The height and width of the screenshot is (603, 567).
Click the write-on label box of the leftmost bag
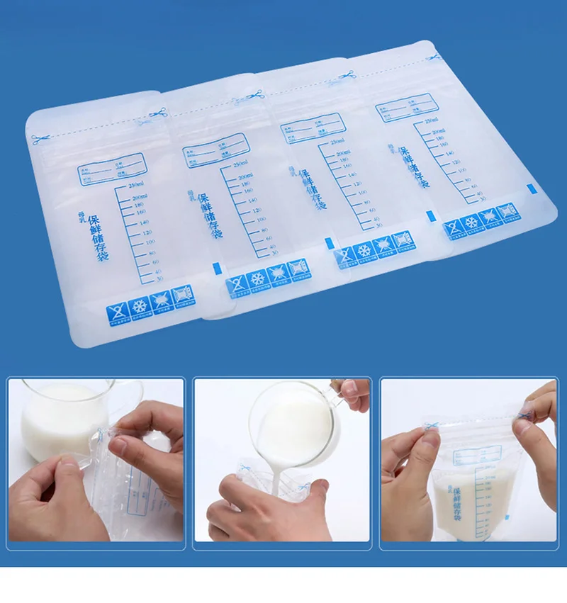tap(110, 169)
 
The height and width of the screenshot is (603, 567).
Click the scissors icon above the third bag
tap(347, 75)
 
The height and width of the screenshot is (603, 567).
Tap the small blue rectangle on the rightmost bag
tap(530, 188)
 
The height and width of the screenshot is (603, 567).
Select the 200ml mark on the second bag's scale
tap(245, 176)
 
